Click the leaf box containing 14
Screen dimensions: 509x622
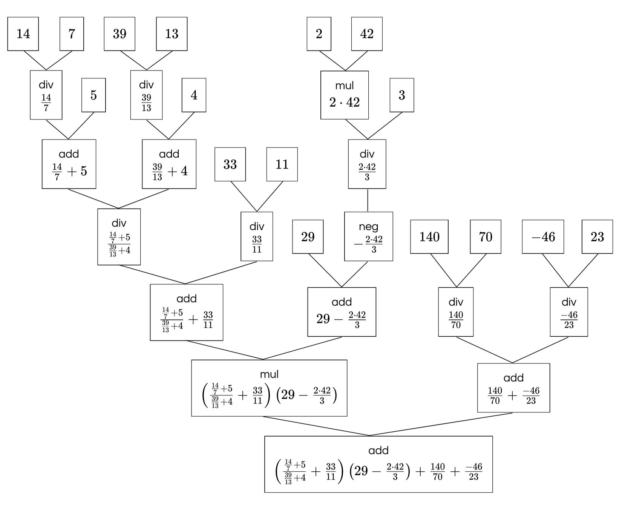click(x=23, y=34)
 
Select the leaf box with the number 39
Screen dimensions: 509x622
click(x=119, y=34)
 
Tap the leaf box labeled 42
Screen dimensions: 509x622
click(x=367, y=34)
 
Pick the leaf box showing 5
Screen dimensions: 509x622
click(x=93, y=95)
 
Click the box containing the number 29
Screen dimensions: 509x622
click(x=308, y=237)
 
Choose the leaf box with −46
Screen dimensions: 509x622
click(x=543, y=237)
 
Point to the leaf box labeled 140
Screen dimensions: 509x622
click(x=429, y=237)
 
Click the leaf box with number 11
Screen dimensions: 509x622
click(x=282, y=164)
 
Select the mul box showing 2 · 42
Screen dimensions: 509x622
click(x=345, y=95)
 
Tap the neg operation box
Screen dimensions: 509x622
click(x=368, y=237)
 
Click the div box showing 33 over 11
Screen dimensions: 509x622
click(x=257, y=237)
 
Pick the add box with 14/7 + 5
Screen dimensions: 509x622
click(x=69, y=164)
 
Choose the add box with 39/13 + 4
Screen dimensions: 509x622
click(x=169, y=164)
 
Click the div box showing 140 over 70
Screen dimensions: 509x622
click(x=456, y=312)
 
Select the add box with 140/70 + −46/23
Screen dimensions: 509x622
click(x=513, y=388)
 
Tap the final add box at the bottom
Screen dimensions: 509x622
click(x=378, y=464)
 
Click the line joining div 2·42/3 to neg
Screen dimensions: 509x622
click(x=368, y=200)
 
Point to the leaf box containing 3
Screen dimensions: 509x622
click(x=402, y=95)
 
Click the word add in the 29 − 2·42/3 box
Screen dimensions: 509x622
click(x=342, y=302)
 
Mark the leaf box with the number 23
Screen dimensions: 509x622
click(x=597, y=237)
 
